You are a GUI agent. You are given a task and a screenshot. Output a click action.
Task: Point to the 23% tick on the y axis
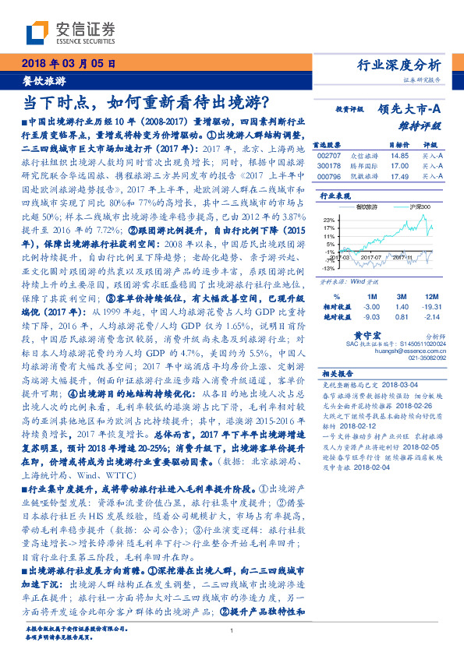click(331, 218)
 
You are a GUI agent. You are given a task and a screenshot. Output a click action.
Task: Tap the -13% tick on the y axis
click(331, 266)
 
